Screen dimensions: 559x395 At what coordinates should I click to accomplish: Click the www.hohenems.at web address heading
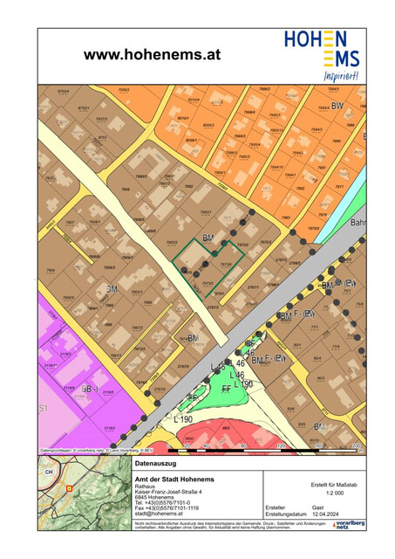pyautogui.click(x=152, y=53)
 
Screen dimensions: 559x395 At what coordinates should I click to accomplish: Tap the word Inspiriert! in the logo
pyautogui.click(x=341, y=75)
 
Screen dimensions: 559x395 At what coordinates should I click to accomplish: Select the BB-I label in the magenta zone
pyautogui.click(x=90, y=388)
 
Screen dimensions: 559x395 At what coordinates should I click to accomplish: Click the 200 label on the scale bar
pyautogui.click(x=355, y=445)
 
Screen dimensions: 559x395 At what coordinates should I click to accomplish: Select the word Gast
pyautogui.click(x=318, y=507)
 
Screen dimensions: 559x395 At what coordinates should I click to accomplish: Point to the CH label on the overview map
pyautogui.click(x=49, y=473)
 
